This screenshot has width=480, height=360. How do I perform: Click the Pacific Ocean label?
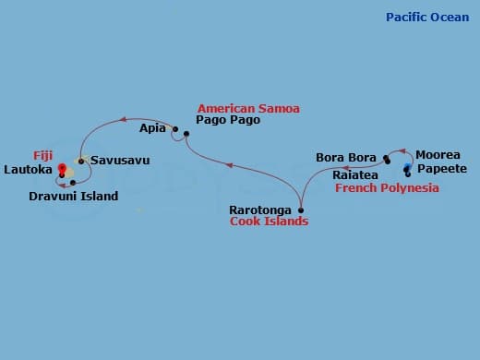click(x=426, y=18)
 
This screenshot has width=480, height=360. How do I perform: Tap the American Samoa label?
click(x=248, y=108)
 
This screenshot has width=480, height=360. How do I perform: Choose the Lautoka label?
click(x=29, y=170)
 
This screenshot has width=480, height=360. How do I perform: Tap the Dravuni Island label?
click(x=73, y=197)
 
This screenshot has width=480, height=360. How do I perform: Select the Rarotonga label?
click(x=261, y=210)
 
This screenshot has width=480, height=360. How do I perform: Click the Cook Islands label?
click(x=269, y=222)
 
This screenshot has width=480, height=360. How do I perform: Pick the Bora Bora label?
click(x=346, y=158)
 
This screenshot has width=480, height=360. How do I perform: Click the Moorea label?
click(x=438, y=155)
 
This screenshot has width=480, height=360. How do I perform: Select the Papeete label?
click(x=442, y=169)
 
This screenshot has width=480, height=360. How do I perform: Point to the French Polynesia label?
click(x=387, y=188)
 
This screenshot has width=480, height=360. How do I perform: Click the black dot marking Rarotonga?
click(x=301, y=210)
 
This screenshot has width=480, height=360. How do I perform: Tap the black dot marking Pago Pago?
click(x=186, y=135)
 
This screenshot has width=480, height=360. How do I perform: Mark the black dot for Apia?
click(x=175, y=128)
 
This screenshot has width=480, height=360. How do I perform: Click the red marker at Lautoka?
click(x=62, y=168)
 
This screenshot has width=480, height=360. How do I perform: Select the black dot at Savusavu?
click(x=81, y=162)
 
